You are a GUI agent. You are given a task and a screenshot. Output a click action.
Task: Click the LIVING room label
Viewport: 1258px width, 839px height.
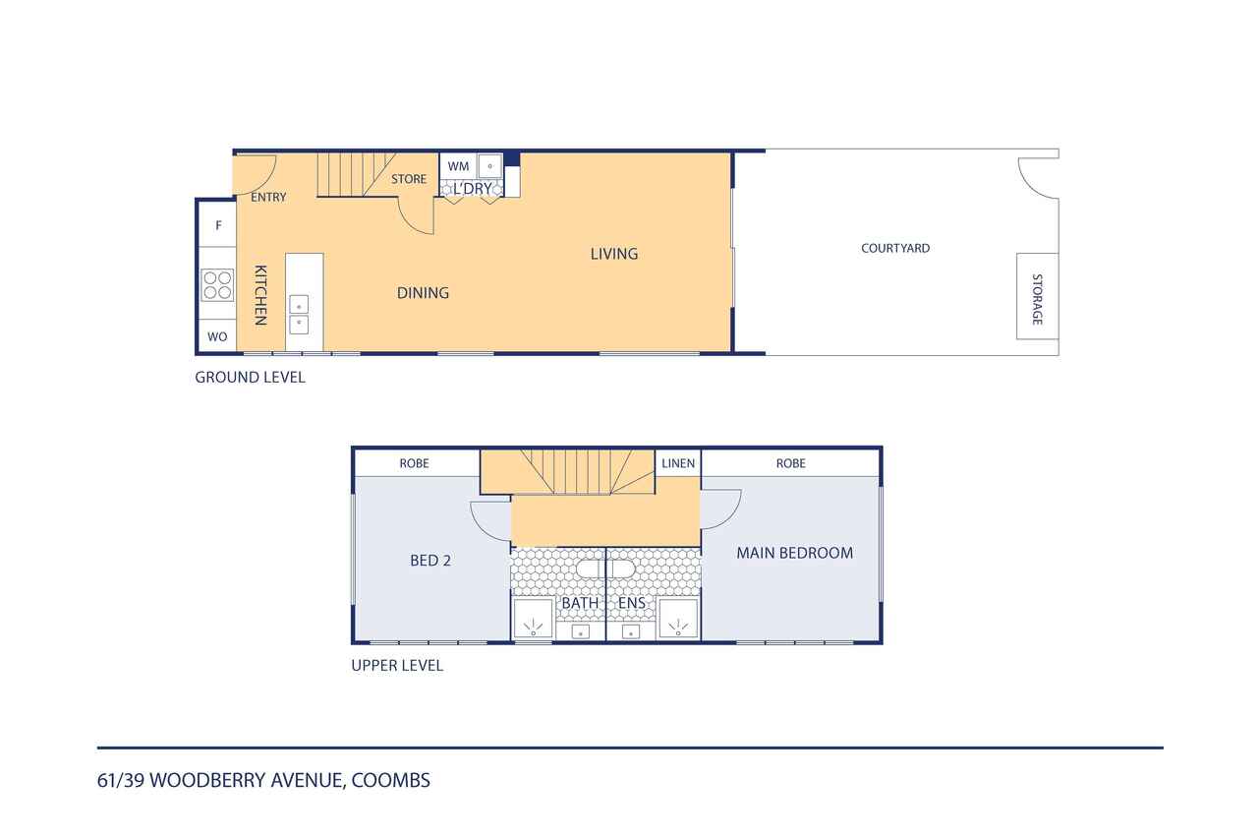[614, 254]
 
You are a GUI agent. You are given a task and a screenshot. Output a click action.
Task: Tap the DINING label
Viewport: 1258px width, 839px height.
[423, 293]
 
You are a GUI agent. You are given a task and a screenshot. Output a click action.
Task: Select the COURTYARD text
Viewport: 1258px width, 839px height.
[895, 249]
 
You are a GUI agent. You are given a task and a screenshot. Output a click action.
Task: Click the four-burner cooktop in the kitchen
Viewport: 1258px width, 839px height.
[217, 285]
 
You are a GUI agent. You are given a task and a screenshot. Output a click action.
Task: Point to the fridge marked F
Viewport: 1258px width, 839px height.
[218, 225]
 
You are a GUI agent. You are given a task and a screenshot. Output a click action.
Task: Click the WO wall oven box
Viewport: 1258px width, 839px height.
[217, 336]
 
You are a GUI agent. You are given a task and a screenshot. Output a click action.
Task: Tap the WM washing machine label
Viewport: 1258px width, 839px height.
[458, 166]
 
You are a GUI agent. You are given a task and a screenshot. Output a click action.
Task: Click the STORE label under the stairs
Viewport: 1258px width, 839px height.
[409, 179]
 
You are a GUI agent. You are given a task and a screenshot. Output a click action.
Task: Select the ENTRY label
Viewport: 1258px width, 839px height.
[268, 198]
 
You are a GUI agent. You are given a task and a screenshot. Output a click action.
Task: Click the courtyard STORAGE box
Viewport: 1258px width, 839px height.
[1037, 296]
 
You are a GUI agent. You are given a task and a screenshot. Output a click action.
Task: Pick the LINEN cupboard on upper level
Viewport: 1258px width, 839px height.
[678, 463]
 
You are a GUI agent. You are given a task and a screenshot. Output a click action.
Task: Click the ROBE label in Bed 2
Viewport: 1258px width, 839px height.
[414, 463]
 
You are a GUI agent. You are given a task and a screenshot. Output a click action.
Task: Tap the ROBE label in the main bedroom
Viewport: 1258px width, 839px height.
[791, 463]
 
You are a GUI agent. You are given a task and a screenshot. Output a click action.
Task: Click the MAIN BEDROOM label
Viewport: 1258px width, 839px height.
[795, 553]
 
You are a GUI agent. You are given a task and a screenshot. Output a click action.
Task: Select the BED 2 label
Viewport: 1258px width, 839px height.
[430, 561]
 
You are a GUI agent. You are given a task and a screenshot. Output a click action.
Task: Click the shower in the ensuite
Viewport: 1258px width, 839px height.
[678, 619]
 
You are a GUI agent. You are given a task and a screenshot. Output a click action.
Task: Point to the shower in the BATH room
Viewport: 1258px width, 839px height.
[533, 619]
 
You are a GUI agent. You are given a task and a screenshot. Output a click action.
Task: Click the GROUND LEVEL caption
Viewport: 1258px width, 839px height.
[250, 378]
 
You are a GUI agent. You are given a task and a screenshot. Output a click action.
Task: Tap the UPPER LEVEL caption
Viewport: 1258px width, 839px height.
[397, 665]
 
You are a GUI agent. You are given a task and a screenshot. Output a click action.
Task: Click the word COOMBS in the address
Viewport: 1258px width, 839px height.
[391, 781]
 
